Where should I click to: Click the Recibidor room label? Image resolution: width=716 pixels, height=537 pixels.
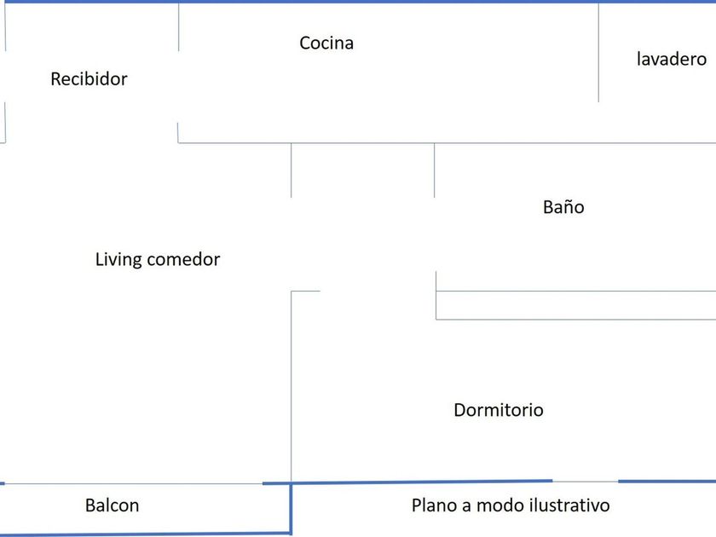click(89, 79)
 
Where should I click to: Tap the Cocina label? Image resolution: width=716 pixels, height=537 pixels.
click(326, 43)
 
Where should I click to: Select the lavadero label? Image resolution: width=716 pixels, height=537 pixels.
click(672, 59)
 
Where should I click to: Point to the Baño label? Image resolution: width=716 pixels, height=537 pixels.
click(563, 206)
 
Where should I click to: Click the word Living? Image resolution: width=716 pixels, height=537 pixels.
click(118, 259)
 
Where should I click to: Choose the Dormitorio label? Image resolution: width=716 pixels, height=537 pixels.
click(498, 410)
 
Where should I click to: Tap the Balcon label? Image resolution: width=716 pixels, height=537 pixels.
click(112, 505)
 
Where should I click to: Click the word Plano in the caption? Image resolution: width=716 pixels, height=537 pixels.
click(434, 505)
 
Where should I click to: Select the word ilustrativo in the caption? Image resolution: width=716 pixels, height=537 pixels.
click(569, 505)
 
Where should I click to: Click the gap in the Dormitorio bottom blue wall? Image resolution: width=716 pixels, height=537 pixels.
click(585, 482)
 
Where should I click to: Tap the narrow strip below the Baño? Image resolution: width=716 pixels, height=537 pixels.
click(575, 305)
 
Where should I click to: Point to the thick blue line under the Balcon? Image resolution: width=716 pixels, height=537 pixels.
click(145, 534)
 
